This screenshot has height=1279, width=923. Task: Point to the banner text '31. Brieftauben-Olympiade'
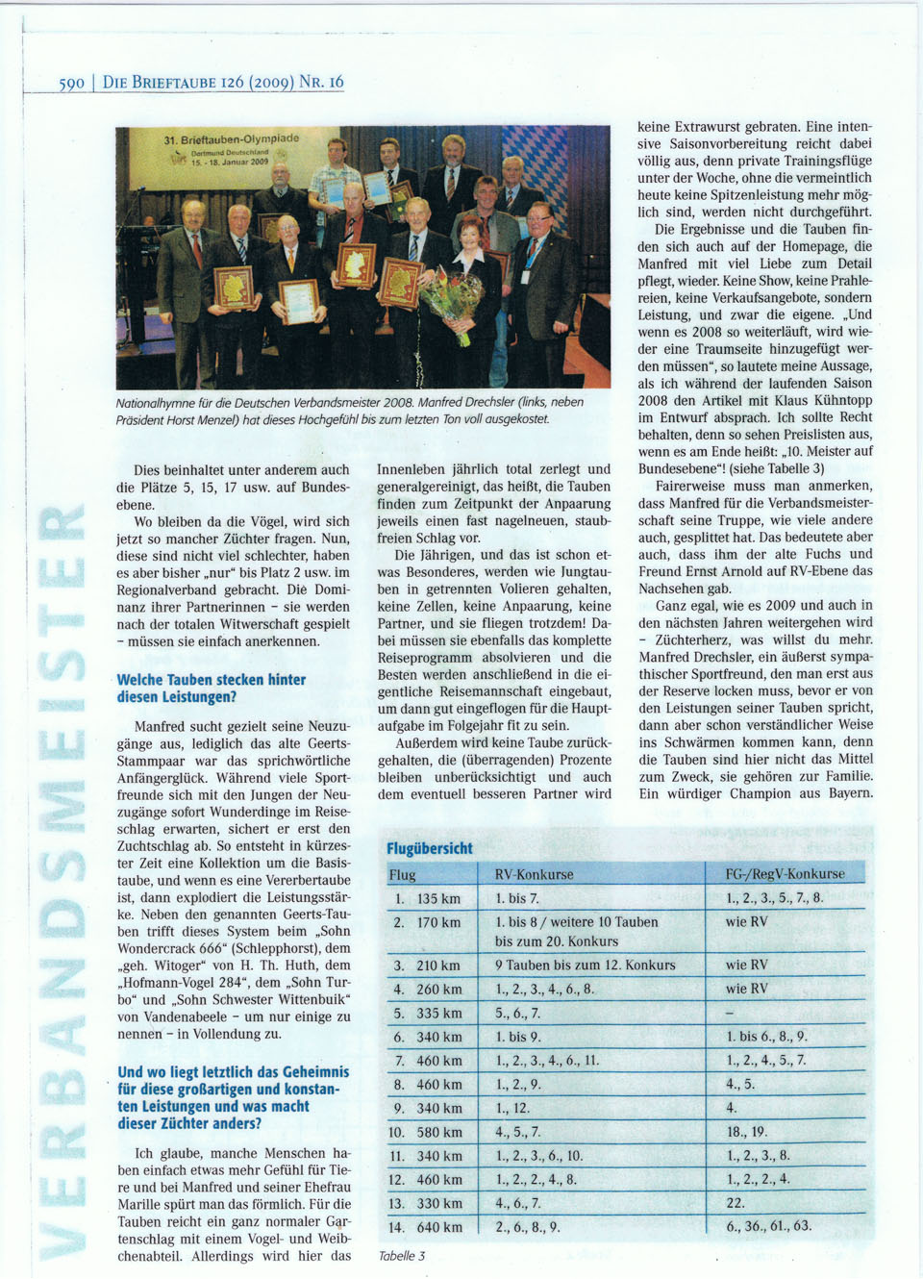[232, 139]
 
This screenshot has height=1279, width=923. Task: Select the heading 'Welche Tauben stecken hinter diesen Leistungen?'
[212, 688]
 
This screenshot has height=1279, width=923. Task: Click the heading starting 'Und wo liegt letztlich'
[234, 1097]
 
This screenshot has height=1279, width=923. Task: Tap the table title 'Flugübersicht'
[430, 848]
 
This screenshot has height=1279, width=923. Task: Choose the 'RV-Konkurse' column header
[534, 874]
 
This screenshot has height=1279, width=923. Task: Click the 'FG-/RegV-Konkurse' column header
[786, 874]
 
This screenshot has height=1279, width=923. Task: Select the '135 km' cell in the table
[438, 898]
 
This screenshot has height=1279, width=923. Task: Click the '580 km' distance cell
[439, 1132]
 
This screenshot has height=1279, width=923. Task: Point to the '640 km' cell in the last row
[439, 1227]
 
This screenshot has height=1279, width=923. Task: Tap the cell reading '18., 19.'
[747, 1132]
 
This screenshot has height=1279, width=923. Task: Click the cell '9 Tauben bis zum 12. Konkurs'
[585, 965]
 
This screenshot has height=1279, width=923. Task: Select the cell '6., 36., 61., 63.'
[769, 1226]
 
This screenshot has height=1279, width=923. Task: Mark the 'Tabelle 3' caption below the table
[402, 1256]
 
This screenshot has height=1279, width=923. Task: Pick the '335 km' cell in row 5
[439, 1013]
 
